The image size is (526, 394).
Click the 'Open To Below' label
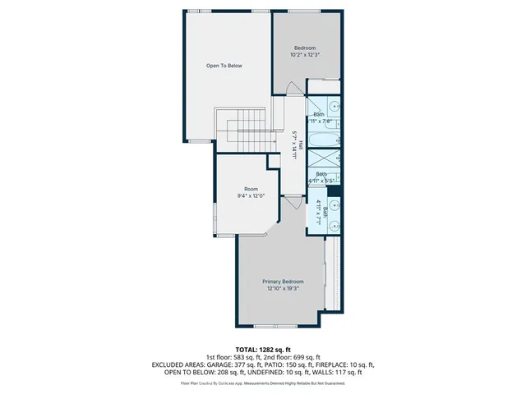coord(224,66)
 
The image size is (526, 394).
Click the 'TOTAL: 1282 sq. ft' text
coord(262,350)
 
